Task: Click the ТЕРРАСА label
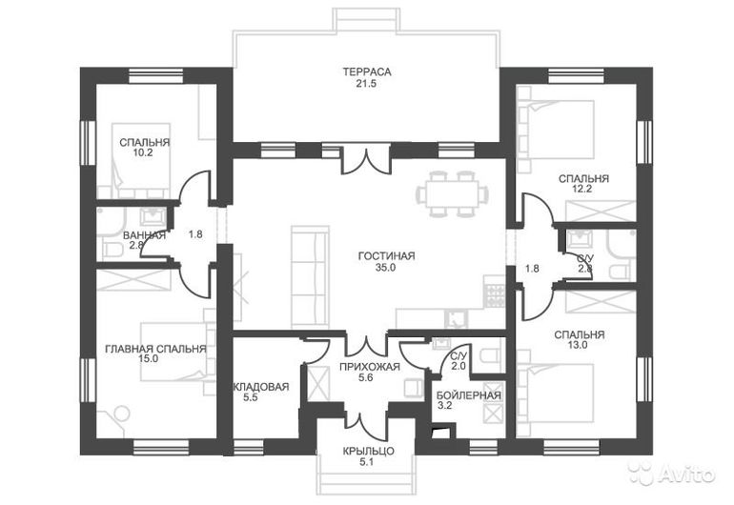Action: [x=367, y=72]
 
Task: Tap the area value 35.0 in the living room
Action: [x=385, y=268]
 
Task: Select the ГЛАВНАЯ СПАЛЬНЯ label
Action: [x=155, y=349]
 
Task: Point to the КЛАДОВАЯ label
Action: [x=261, y=387]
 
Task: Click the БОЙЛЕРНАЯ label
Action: [x=469, y=395]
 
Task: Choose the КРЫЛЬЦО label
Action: [x=368, y=452]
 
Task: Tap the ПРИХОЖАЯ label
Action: [x=370, y=367]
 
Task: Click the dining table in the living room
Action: [x=452, y=193]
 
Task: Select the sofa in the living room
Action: [x=310, y=277]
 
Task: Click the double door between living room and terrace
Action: [x=366, y=160]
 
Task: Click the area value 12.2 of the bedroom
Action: [x=582, y=189]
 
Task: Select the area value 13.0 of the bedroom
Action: [x=578, y=346]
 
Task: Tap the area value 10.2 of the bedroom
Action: [x=143, y=152]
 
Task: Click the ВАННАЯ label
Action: [x=144, y=235]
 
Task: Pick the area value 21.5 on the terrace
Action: [x=366, y=84]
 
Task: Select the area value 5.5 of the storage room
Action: [x=251, y=398]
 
